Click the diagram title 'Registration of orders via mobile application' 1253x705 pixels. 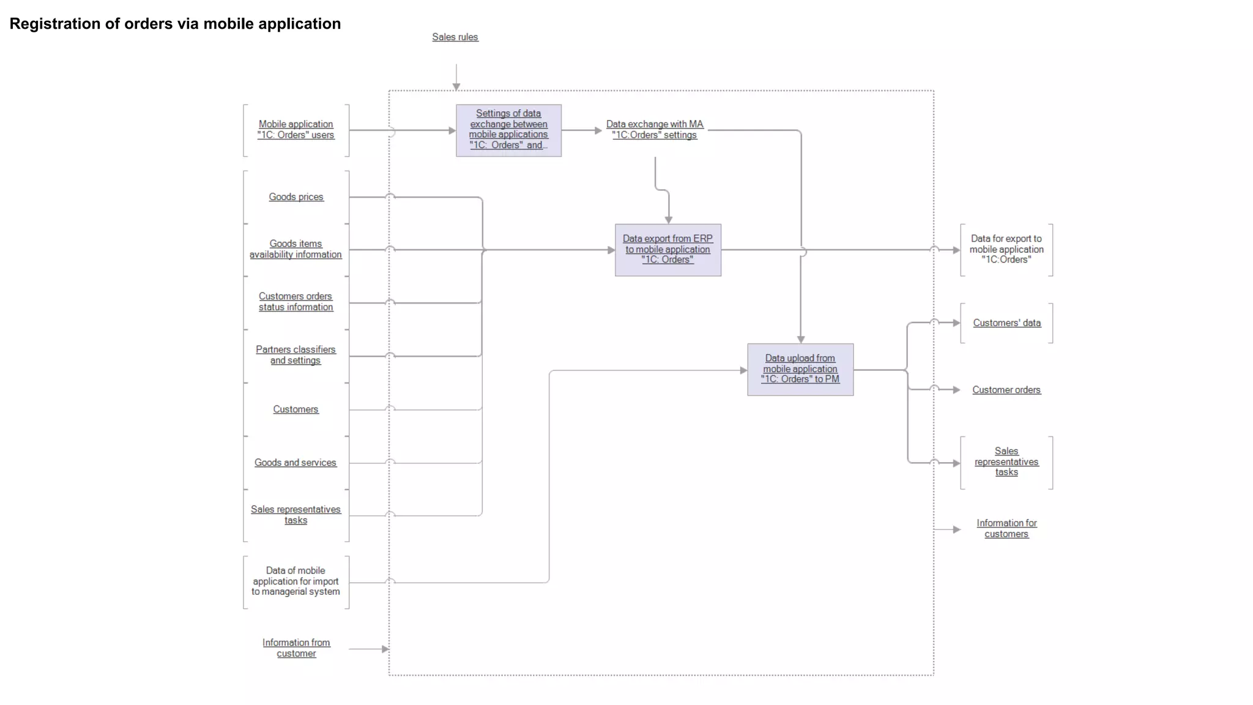point(175,24)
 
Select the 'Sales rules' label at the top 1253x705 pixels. point(455,37)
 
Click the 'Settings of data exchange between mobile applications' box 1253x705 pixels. point(508,130)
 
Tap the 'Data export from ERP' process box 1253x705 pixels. point(667,250)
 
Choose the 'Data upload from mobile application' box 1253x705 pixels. point(800,369)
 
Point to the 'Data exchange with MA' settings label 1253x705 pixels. point(655,130)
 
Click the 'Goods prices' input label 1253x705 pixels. point(296,197)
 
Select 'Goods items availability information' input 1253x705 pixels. point(296,249)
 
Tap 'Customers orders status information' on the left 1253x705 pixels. point(296,302)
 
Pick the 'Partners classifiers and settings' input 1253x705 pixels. point(296,355)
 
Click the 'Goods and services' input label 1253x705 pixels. point(296,463)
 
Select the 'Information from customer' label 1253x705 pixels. point(296,648)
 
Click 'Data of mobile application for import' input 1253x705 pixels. point(296,581)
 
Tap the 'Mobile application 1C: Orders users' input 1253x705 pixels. point(296,130)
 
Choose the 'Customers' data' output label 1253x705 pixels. point(1006,323)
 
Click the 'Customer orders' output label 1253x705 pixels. point(1006,390)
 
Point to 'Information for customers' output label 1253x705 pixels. point(1006,529)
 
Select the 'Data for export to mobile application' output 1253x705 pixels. point(1006,250)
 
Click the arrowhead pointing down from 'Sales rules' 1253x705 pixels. point(456,87)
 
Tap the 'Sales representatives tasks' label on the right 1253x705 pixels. point(1006,462)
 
